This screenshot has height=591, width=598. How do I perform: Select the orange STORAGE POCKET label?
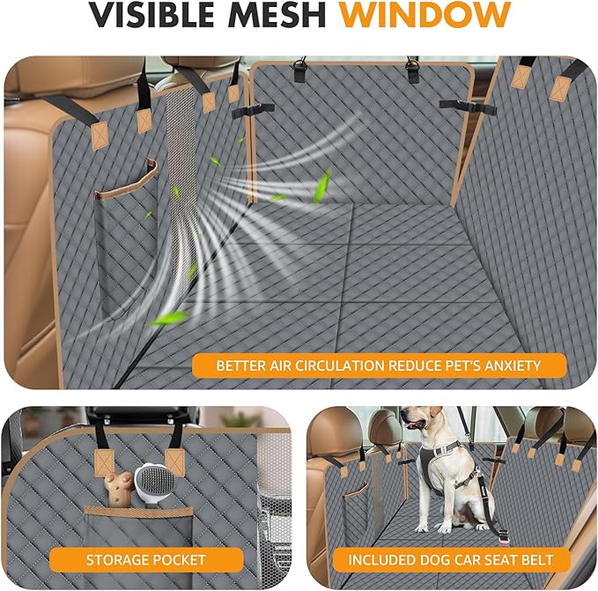145,559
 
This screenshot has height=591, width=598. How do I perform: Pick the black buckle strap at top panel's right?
467,106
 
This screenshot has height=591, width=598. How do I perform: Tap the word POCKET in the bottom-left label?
180,559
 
